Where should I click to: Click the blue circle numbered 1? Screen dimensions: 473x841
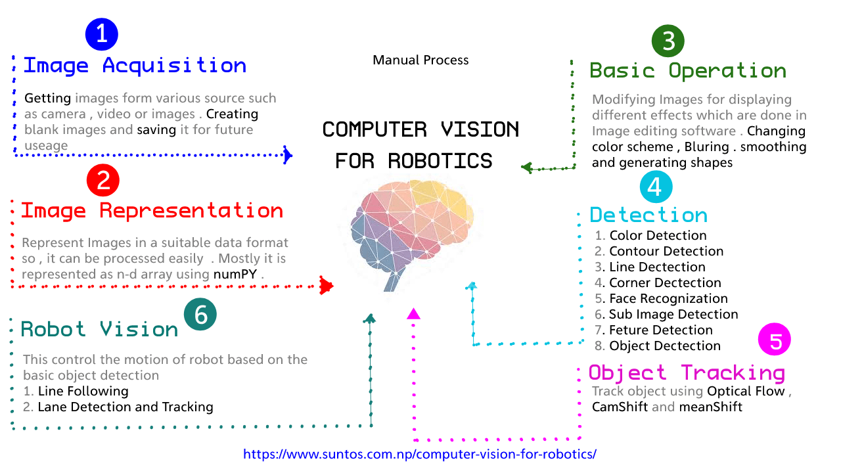point(102,34)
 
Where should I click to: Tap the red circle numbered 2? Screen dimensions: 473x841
point(103,181)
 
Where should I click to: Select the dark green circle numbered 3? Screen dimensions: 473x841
point(668,41)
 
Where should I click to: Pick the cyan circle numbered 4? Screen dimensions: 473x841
point(655,187)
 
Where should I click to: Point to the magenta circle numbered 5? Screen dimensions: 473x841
point(775,340)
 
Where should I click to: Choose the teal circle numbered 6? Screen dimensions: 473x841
point(200,315)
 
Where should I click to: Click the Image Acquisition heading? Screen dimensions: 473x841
point(135,66)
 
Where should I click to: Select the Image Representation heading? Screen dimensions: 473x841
point(152,211)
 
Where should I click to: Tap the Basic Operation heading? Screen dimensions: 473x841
point(688,71)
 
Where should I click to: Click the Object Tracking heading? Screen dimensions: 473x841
point(687,372)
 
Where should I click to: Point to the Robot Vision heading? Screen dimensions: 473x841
point(100,329)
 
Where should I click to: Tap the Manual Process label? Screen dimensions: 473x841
point(420,60)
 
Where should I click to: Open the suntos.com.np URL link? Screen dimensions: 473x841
point(420,454)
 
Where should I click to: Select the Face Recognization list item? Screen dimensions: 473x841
point(668,298)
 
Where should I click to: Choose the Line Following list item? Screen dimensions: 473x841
point(83,391)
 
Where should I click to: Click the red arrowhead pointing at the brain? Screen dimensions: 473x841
point(326,286)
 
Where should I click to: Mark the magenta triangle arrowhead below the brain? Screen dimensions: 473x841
point(413,314)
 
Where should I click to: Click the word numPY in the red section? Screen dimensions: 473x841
point(235,275)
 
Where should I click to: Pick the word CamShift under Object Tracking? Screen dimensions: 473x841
point(620,407)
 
